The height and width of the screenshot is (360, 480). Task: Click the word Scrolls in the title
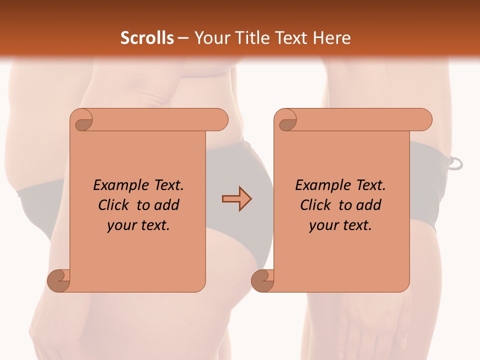tap(147, 38)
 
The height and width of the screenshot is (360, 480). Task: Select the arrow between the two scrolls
tap(236, 199)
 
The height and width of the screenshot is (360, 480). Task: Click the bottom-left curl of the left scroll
tap(58, 280)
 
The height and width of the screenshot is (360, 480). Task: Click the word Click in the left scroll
tap(113, 205)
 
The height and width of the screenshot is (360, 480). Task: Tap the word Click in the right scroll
tap(315, 205)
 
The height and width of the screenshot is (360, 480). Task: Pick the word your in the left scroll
tap(120, 225)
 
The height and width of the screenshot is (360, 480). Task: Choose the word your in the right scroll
tap(322, 225)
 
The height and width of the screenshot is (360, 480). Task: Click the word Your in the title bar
tap(210, 38)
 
